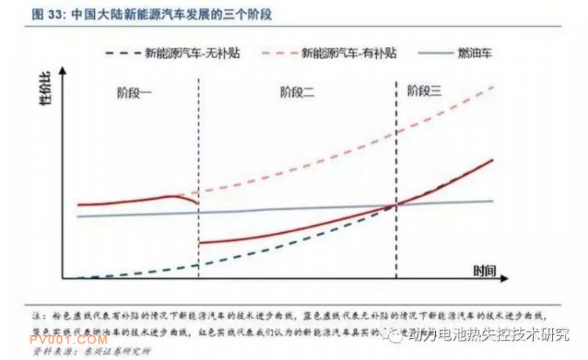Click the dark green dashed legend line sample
pyautogui.click(x=123, y=53)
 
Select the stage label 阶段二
pyautogui.click(x=297, y=93)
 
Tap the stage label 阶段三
pyautogui.click(x=425, y=92)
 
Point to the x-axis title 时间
pyautogui.click(x=485, y=271)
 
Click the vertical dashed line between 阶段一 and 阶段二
pyautogui.click(x=198, y=157)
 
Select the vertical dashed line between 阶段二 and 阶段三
pyautogui.click(x=396, y=157)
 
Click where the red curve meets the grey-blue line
pyautogui.click(x=396, y=205)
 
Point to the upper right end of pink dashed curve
pyautogui.click(x=492, y=85)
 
